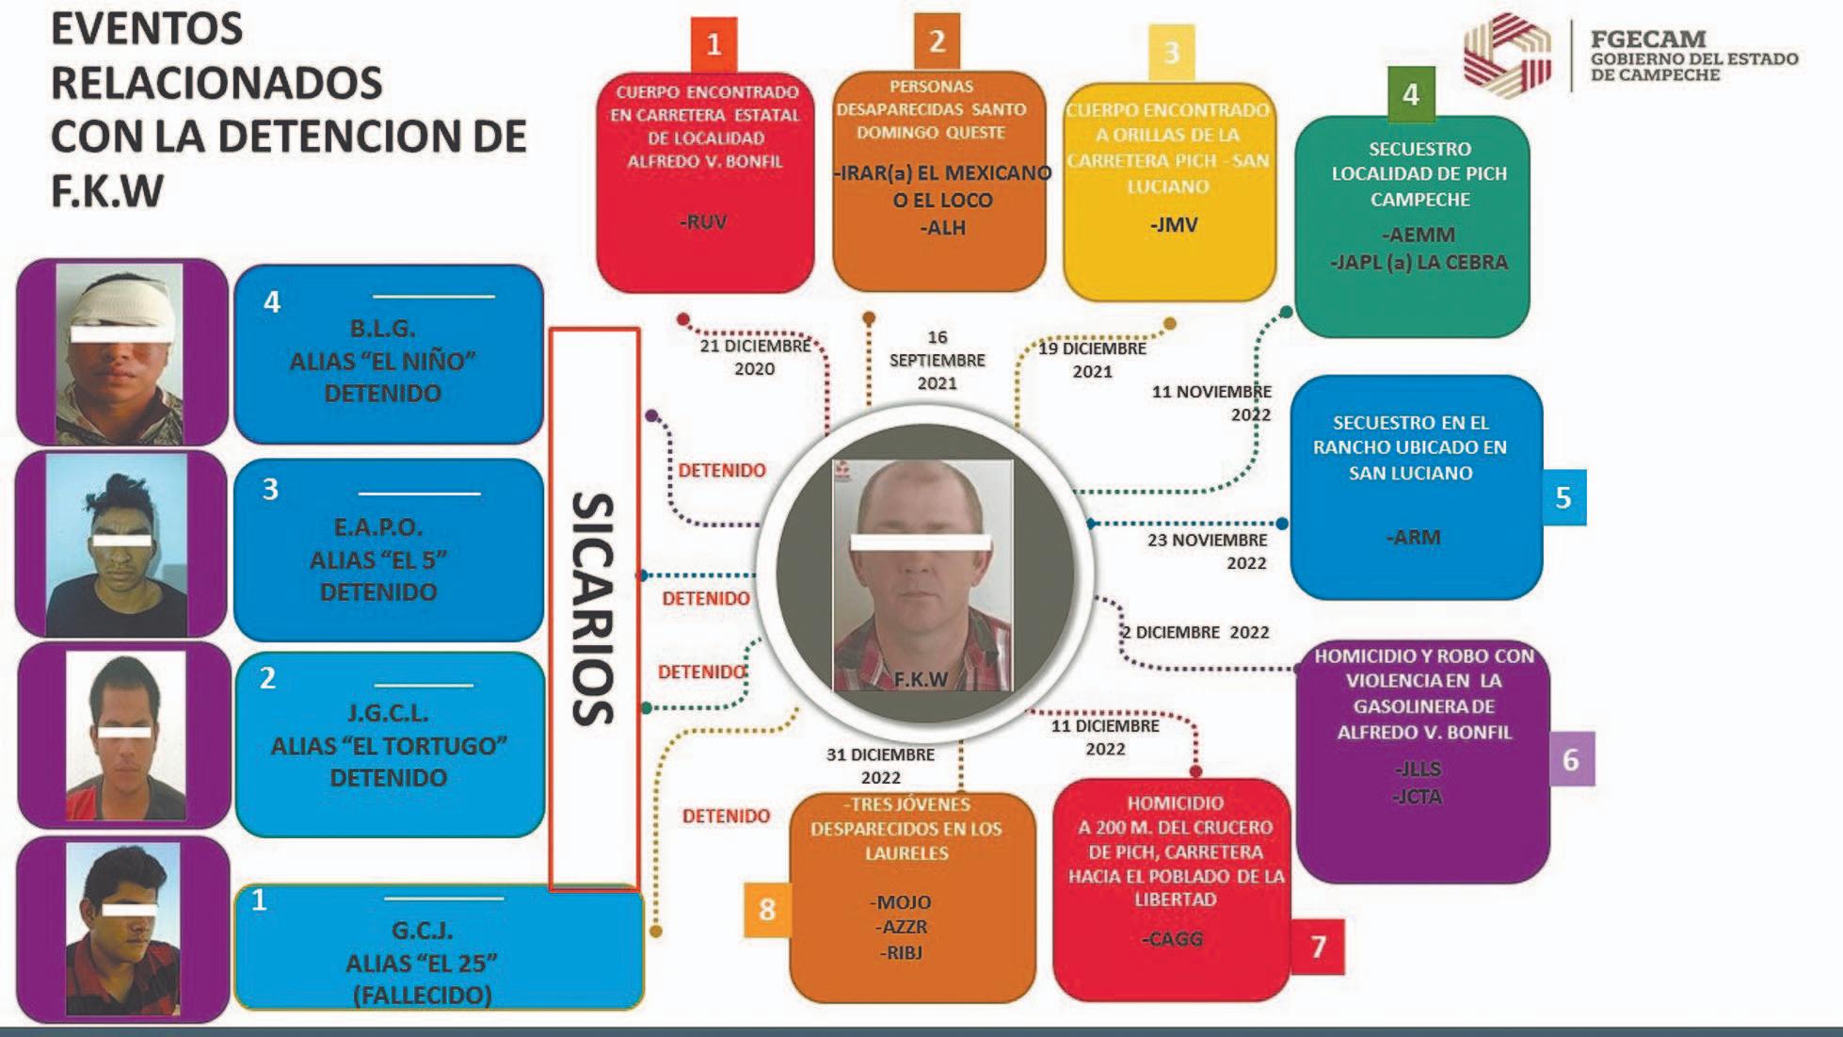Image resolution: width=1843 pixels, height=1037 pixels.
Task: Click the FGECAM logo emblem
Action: (x=1507, y=53)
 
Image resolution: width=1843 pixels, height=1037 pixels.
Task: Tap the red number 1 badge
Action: (x=713, y=44)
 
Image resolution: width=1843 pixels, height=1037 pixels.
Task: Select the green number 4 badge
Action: (x=1410, y=94)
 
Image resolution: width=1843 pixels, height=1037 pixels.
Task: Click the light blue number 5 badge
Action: (x=1563, y=497)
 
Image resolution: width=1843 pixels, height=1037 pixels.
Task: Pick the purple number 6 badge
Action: (x=1570, y=759)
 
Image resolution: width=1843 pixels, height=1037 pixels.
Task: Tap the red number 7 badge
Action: (x=1318, y=946)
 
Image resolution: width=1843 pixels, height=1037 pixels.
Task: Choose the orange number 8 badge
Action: (x=767, y=910)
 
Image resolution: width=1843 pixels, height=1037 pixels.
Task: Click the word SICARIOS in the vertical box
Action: (x=593, y=608)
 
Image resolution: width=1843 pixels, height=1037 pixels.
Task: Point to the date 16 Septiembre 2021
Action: (x=937, y=360)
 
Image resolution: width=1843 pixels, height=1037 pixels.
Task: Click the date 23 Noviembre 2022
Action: (x=1208, y=551)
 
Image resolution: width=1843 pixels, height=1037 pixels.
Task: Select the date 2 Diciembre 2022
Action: (x=1195, y=632)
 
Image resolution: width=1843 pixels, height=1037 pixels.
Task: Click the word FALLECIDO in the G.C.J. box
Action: (x=422, y=995)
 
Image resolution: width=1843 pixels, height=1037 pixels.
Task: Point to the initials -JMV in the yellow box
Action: (x=1173, y=225)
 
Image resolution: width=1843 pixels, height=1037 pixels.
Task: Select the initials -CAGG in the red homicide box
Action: (x=1172, y=939)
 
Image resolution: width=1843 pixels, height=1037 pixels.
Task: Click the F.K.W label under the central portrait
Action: (x=921, y=679)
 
